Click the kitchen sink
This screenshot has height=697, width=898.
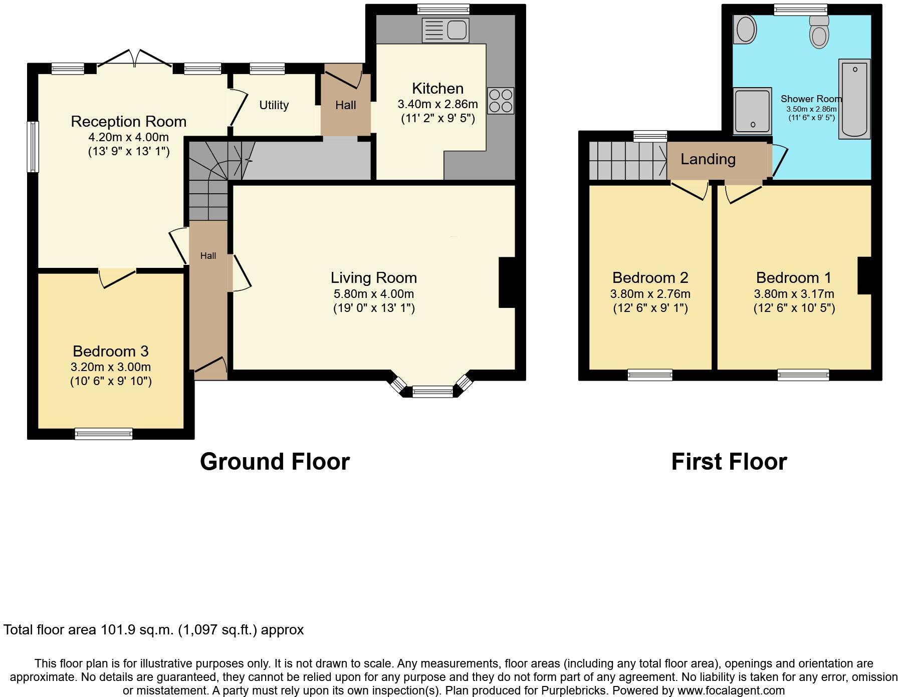pyautogui.click(x=445, y=30)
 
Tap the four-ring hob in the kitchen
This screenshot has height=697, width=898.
pyautogui.click(x=501, y=101)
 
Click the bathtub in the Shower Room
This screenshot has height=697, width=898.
pyautogui.click(x=854, y=99)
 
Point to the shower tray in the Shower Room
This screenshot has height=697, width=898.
pyautogui.click(x=752, y=112)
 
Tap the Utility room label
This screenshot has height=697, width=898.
pyautogui.click(x=274, y=105)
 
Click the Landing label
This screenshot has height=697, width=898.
pyautogui.click(x=708, y=159)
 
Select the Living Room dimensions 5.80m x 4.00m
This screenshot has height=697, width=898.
pyautogui.click(x=373, y=294)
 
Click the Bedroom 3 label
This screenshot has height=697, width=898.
pyautogui.click(x=110, y=351)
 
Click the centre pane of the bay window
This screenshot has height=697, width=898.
pyautogui.click(x=432, y=393)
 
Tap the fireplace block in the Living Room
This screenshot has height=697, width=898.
pyautogui.click(x=507, y=282)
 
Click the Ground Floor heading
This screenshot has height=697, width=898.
pyautogui.click(x=275, y=462)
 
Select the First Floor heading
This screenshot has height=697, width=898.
pyautogui.click(x=729, y=462)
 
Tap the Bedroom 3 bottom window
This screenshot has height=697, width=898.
pyautogui.click(x=104, y=434)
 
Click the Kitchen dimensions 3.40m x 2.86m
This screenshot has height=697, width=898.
pyautogui.click(x=437, y=105)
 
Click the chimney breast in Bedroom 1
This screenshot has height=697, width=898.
pyautogui.click(x=864, y=275)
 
